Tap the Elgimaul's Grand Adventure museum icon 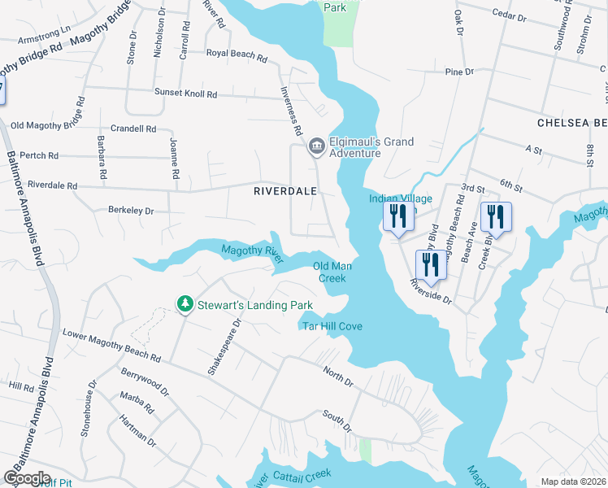[316, 147]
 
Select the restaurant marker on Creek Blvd [495, 217]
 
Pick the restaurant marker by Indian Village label [397, 217]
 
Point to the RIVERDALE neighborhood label [284, 191]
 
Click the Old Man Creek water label [330, 272]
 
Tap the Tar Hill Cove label [332, 326]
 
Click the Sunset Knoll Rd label [187, 94]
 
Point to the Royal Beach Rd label [237, 57]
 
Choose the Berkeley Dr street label [131, 211]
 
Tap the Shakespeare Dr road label [214, 346]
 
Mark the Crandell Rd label [133, 129]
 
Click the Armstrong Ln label [46, 37]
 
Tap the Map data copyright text [573, 481]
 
